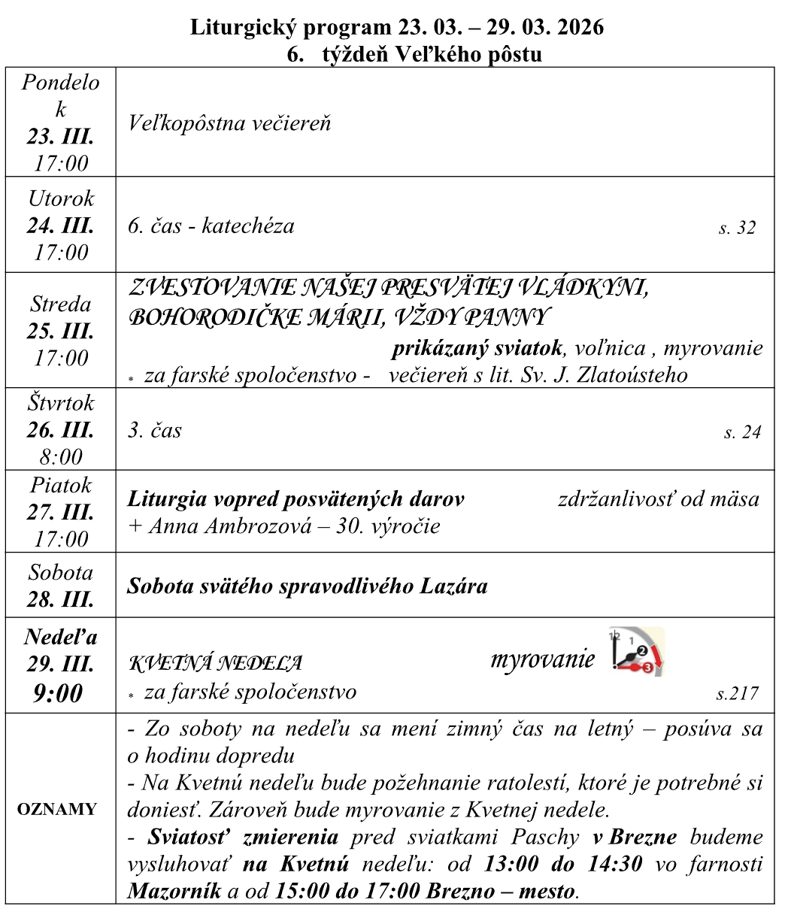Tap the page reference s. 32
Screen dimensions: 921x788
point(736,228)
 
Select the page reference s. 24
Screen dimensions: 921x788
point(741,432)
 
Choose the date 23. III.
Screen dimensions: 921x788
point(60,137)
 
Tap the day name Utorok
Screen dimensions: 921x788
point(61,198)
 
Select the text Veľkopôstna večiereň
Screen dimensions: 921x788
point(229,123)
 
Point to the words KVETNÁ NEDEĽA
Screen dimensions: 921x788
point(217,663)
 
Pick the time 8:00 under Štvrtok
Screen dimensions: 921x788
point(60,457)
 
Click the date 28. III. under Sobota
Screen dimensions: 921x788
point(60,600)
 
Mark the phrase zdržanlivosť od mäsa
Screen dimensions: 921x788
point(658,498)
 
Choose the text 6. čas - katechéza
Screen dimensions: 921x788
point(211,225)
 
